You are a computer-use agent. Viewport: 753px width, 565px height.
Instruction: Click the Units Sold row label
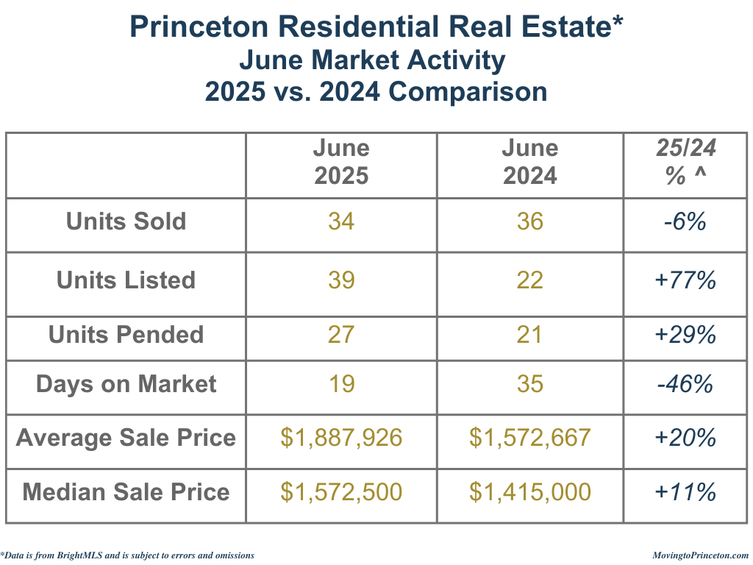tap(126, 221)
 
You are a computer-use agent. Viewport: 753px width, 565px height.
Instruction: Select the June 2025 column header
tap(341, 162)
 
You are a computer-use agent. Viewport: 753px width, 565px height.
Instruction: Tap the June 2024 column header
tap(529, 162)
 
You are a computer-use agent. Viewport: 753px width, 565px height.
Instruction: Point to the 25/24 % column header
tap(685, 162)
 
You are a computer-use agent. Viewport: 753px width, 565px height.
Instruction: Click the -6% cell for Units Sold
tap(685, 221)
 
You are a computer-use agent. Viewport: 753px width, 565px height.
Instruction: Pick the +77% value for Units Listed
tap(685, 280)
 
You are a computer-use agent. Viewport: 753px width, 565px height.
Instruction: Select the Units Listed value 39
tap(341, 280)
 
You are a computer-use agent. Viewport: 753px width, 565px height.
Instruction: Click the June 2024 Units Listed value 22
tap(529, 280)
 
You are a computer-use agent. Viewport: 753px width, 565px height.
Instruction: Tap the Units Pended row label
tap(126, 335)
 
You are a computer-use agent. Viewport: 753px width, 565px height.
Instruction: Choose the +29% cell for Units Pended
tap(685, 335)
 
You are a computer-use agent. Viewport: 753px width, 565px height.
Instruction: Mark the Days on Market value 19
tap(341, 384)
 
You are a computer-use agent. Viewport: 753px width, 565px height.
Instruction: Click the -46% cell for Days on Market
tap(685, 384)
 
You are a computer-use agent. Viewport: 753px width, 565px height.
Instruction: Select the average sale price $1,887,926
tap(341, 438)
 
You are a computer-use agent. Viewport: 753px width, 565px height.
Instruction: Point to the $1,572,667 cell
tap(529, 438)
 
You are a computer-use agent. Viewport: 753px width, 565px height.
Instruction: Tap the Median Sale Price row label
tap(126, 491)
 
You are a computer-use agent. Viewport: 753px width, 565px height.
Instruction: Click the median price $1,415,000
tap(529, 491)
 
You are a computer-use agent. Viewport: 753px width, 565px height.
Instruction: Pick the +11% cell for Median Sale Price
tap(685, 491)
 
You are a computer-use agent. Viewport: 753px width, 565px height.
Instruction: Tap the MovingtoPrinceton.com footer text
tap(701, 555)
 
